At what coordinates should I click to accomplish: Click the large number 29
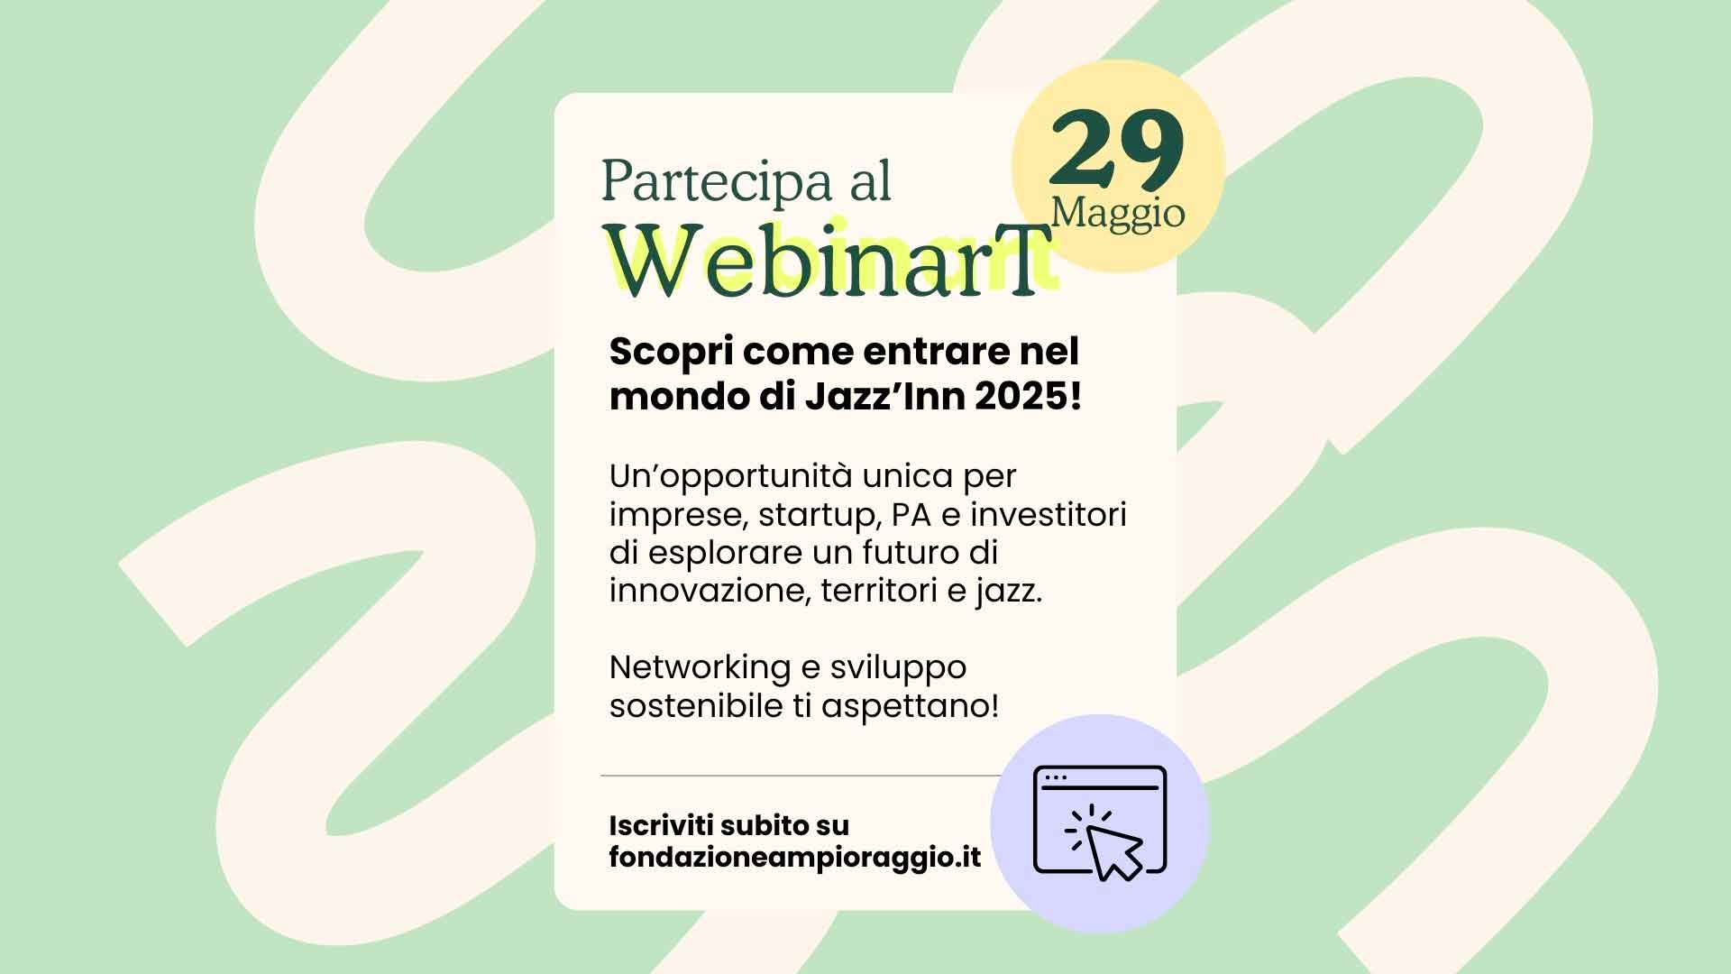1116,149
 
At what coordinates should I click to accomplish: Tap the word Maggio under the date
1118,215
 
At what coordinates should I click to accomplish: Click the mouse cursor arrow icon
1113,851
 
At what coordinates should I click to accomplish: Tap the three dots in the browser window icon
1056,776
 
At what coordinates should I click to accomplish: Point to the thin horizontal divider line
801,776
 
